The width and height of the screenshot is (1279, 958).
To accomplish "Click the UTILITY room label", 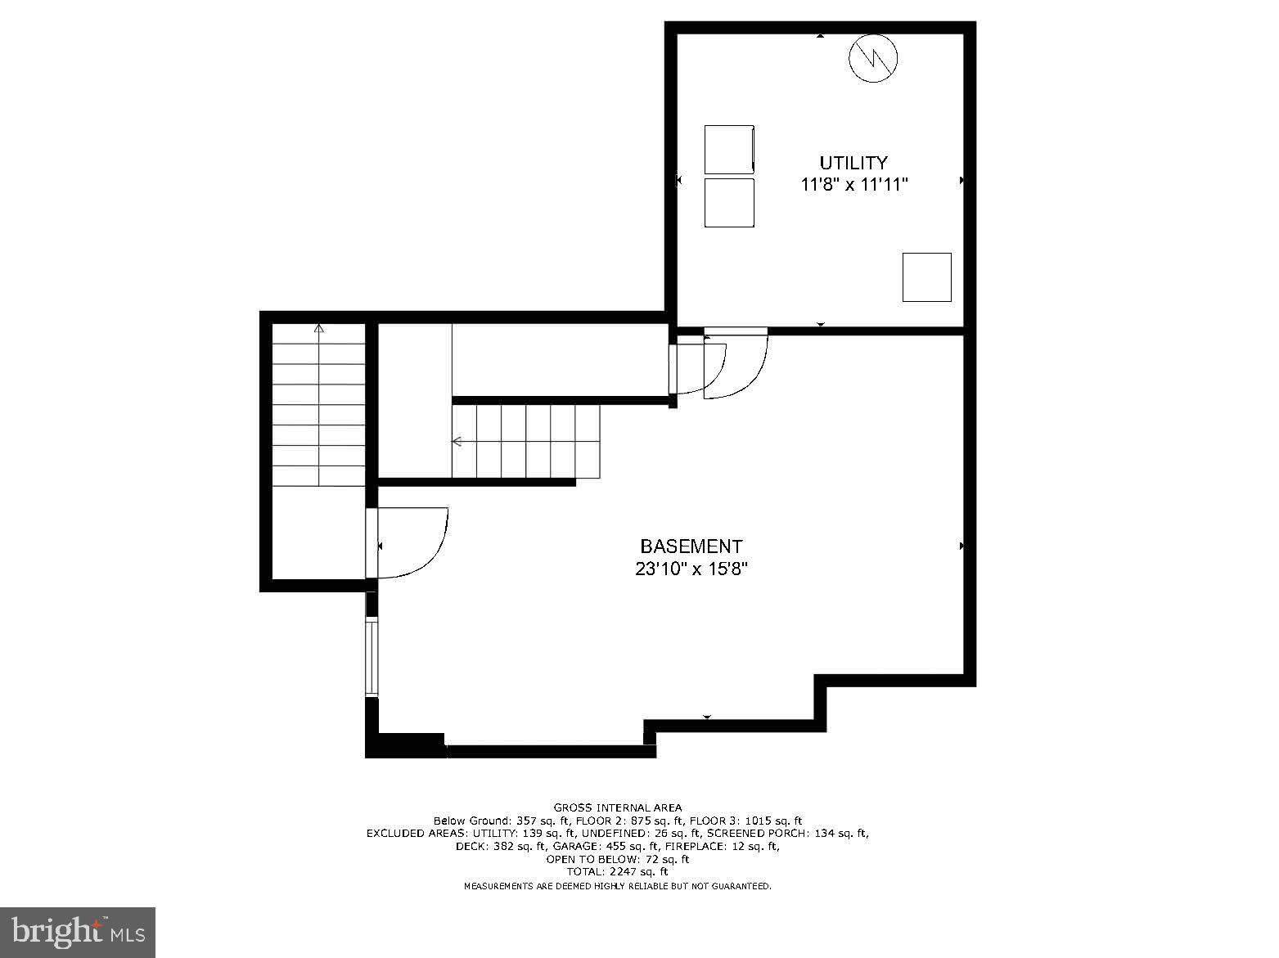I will [853, 163].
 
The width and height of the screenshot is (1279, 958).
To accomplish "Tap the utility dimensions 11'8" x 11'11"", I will [853, 185].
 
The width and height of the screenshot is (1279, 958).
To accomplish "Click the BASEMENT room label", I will [691, 546].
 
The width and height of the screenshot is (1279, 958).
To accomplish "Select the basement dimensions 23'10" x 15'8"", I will [691, 569].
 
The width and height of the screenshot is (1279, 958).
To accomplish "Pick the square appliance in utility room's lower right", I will [926, 277].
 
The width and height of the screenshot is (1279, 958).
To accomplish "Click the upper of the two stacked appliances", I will [728, 150].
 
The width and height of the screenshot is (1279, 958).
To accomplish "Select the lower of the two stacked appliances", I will [728, 203].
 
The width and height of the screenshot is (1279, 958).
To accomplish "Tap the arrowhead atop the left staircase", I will [319, 329].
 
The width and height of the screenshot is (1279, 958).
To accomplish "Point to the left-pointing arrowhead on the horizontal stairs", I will [457, 442].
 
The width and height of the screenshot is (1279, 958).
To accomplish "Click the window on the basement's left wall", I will [372, 658].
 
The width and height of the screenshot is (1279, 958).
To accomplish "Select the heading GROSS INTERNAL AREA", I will [617, 807].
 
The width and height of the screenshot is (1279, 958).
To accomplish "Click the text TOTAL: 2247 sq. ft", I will [617, 872].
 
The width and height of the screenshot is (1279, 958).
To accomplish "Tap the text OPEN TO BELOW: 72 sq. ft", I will [617, 859].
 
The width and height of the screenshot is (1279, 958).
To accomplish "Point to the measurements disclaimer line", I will [617, 886].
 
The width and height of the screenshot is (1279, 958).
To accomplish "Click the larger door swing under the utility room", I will [735, 366].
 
